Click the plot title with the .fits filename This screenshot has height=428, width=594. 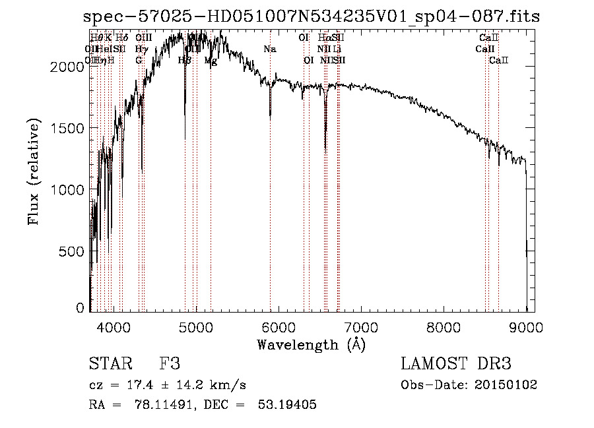[x=312, y=16]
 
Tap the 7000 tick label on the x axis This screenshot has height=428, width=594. [x=361, y=326]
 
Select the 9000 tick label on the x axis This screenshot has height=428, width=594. [x=526, y=326]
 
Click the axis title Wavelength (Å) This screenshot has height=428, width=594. [x=311, y=344]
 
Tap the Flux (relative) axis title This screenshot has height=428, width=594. [x=34, y=172]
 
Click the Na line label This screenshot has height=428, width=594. [x=269, y=49]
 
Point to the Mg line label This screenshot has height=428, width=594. [x=211, y=61]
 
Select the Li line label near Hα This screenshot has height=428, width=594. [x=337, y=49]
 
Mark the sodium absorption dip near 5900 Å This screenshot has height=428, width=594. [x=270, y=116]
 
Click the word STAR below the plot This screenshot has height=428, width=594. [x=109, y=364]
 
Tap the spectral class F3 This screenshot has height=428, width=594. [x=170, y=364]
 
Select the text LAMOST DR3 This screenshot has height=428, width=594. [x=455, y=364]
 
